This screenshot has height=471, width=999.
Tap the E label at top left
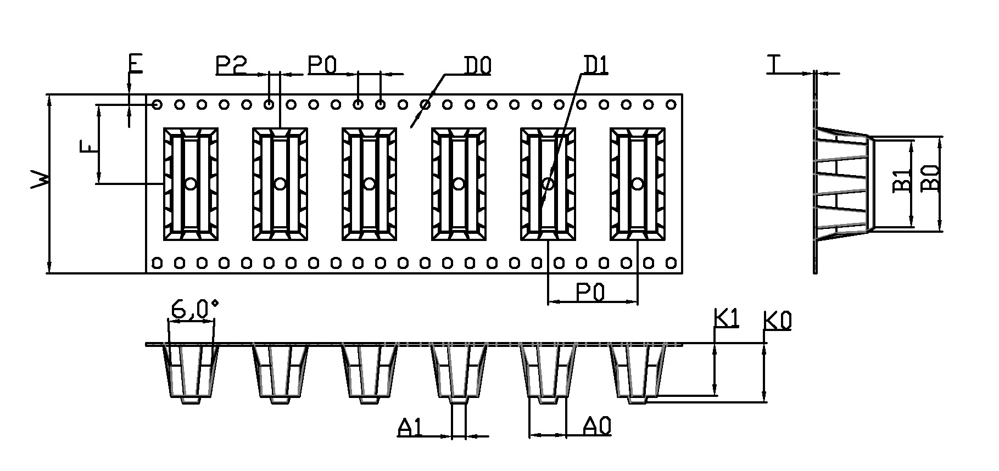click(x=135, y=64)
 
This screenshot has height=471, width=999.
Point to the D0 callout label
click(x=477, y=66)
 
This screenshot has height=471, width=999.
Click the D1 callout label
click(x=595, y=66)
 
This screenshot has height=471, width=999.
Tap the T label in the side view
click(x=775, y=65)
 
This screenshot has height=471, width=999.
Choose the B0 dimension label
click(x=930, y=179)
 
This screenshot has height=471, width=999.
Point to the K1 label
click(x=727, y=318)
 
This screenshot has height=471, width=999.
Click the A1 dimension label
click(x=411, y=428)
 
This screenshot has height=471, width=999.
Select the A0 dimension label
click(x=597, y=426)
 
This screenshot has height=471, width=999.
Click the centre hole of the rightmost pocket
click(x=637, y=183)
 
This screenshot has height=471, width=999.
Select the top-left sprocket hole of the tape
click(x=157, y=104)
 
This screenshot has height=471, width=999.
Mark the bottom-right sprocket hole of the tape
click(x=671, y=263)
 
